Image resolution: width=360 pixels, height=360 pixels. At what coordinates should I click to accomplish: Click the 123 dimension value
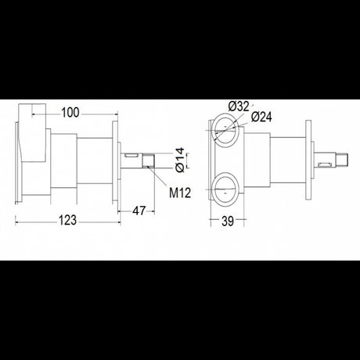[68, 221]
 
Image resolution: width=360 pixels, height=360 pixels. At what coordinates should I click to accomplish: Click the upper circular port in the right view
[225, 129]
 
